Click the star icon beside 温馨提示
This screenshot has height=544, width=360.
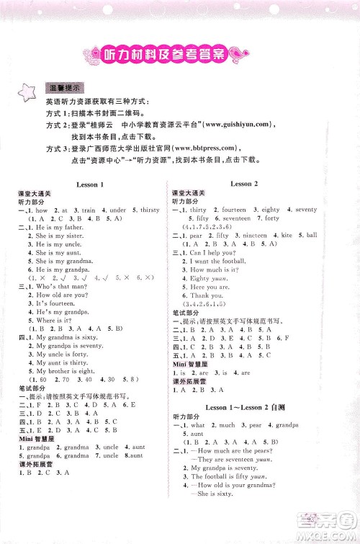point(22,92)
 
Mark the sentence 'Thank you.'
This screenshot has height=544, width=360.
point(206,295)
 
